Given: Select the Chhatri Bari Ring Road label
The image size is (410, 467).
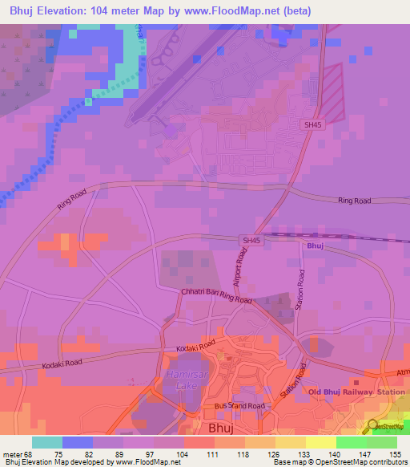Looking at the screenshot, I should (x=216, y=296).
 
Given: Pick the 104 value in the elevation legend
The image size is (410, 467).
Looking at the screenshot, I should (x=183, y=454).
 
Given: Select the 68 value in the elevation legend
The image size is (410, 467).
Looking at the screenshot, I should (x=28, y=454).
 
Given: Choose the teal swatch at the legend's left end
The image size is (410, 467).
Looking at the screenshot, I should (x=47, y=442).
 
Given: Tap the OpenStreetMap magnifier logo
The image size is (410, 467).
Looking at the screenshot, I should (x=373, y=424).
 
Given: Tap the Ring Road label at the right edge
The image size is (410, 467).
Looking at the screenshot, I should (x=355, y=201).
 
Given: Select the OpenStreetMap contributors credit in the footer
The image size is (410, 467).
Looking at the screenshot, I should (x=360, y=462).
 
